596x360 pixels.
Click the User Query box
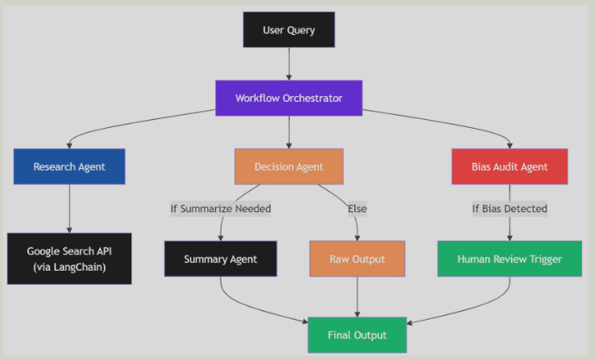(x=288, y=30)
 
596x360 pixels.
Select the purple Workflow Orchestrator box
(x=288, y=97)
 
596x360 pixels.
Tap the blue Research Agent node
(x=69, y=166)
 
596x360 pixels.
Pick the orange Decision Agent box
(x=288, y=166)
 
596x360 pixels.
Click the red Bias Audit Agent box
(x=509, y=166)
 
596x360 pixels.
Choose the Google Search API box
(x=69, y=258)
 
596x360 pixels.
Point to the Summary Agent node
(x=221, y=259)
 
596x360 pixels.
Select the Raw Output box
(x=357, y=259)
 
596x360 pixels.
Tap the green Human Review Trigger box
(x=509, y=259)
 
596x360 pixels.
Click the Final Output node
(x=357, y=335)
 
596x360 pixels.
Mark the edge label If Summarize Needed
(x=221, y=208)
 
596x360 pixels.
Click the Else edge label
(x=357, y=208)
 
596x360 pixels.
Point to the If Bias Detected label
(x=509, y=208)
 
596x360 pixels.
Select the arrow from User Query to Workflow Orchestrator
(x=288, y=63)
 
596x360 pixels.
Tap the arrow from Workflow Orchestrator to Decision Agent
(x=288, y=131)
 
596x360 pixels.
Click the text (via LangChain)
(x=69, y=267)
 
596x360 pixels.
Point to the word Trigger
(x=543, y=259)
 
